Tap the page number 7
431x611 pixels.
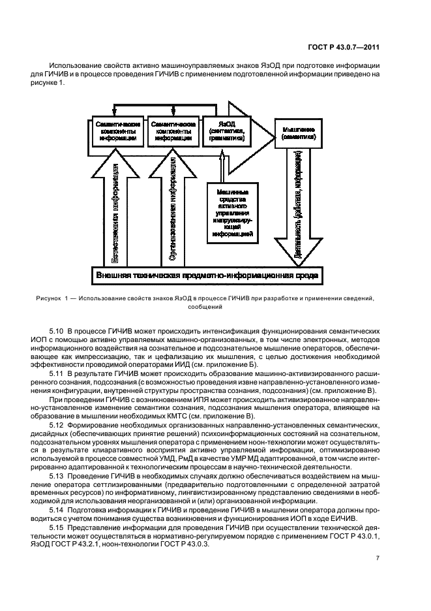point(378,557)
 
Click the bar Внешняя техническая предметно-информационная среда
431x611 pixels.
point(207,275)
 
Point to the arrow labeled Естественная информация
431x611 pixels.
point(115,209)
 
